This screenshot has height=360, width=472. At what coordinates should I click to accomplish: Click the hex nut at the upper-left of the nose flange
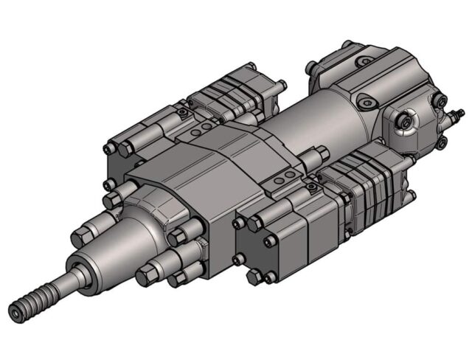112,199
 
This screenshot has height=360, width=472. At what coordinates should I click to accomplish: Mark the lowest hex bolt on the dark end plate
255,277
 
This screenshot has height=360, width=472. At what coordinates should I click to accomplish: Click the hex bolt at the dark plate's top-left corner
239,222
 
